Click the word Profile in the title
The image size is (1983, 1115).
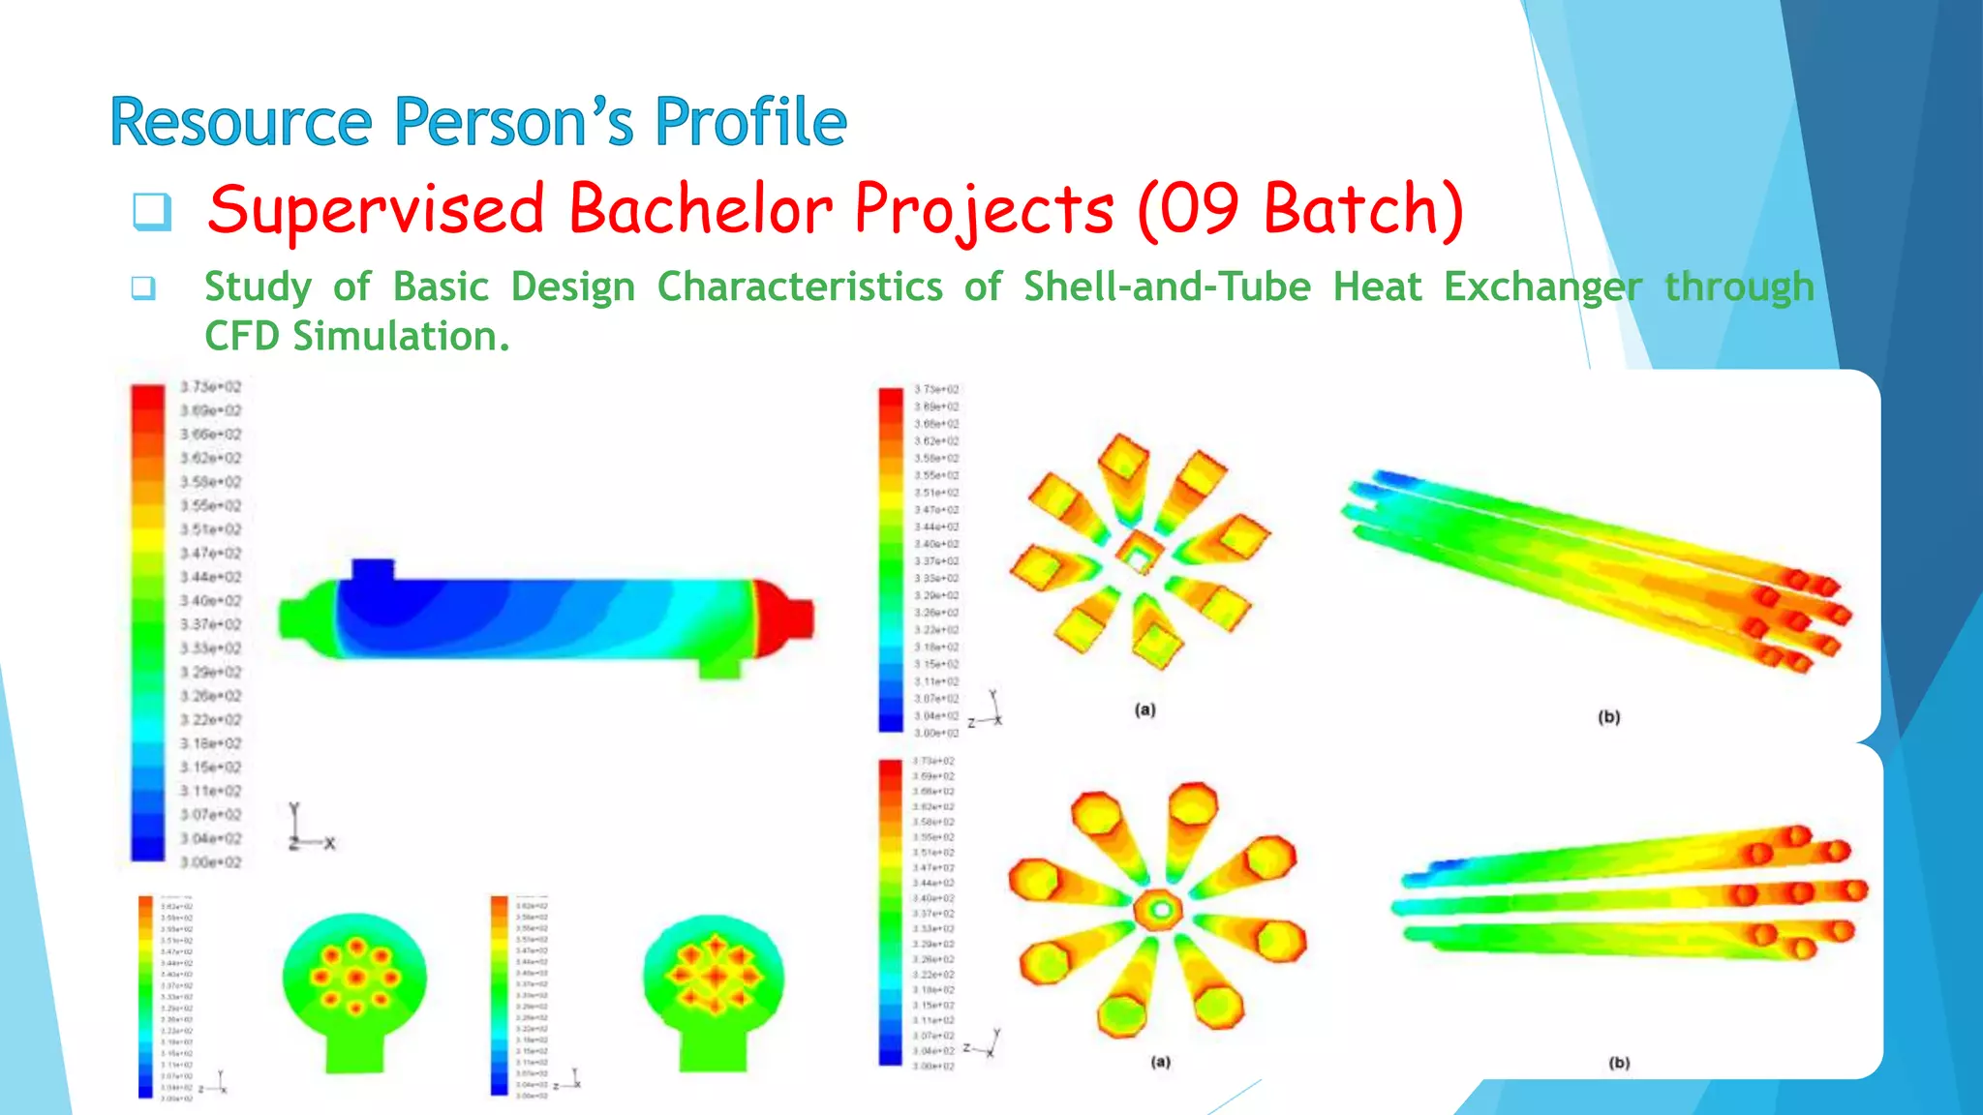tap(750, 123)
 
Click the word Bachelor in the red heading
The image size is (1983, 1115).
tap(700, 210)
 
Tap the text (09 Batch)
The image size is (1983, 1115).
tap(1299, 210)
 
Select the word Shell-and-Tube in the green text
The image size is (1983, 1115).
tap(1167, 287)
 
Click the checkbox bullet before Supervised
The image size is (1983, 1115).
tap(152, 211)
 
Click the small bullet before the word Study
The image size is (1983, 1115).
tap(143, 288)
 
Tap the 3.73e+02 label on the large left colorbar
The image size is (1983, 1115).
tap(210, 387)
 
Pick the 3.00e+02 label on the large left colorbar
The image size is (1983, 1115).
tap(210, 862)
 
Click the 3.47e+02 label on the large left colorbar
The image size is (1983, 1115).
tap(210, 554)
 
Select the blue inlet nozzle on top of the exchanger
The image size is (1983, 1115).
tap(373, 571)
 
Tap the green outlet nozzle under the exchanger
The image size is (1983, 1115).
tap(718, 667)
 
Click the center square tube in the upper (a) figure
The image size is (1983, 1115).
tap(1139, 556)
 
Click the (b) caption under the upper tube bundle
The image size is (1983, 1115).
tap(1608, 717)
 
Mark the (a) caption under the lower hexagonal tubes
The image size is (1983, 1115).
tap(1160, 1062)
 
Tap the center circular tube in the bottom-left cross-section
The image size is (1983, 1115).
tap(355, 977)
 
